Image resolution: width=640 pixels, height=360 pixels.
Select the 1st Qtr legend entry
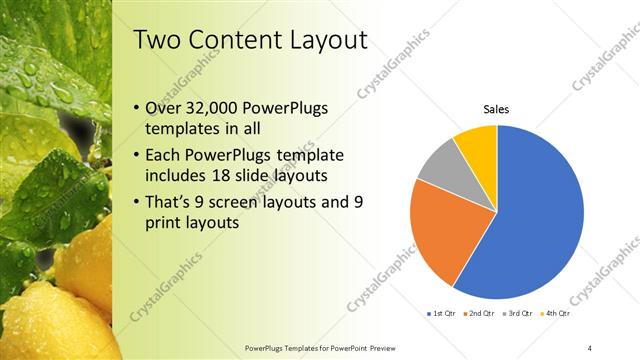tap(441, 313)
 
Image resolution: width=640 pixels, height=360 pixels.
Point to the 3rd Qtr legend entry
tap(520, 313)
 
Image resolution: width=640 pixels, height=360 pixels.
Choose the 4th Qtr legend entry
tap(556, 313)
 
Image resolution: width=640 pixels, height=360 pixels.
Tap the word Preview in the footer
tap(415, 347)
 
